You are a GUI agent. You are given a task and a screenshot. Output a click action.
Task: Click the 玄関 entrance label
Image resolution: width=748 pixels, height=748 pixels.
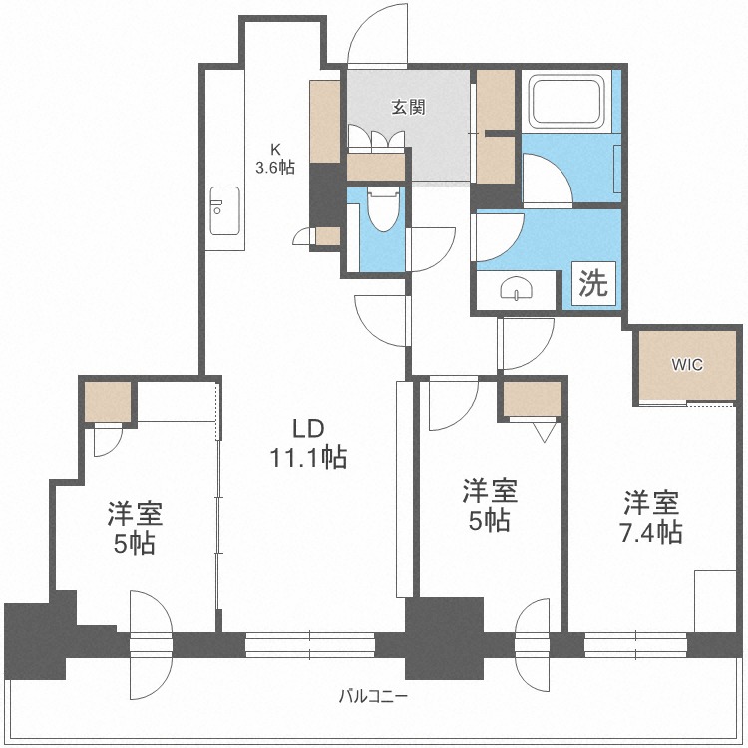coord(408,107)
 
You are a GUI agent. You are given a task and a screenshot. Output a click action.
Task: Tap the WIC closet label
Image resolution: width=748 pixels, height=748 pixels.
coord(687,364)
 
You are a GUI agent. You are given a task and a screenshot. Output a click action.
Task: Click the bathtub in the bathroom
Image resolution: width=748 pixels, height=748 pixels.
coord(567,102)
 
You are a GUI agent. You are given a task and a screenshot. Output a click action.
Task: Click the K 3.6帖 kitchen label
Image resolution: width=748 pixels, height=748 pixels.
coord(274,160)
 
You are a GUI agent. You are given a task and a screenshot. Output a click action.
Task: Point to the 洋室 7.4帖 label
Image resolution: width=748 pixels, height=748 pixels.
coord(653,516)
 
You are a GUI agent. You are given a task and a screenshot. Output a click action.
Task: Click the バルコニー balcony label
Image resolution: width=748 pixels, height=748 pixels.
coord(373,696)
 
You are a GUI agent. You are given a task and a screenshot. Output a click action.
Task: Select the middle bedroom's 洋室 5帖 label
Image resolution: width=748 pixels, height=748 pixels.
coord(489,505)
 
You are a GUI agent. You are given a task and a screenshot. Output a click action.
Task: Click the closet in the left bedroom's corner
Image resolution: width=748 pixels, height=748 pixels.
coord(108,401)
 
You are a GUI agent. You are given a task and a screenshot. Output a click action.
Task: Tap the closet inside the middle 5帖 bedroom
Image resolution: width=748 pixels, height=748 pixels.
coord(532,399)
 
